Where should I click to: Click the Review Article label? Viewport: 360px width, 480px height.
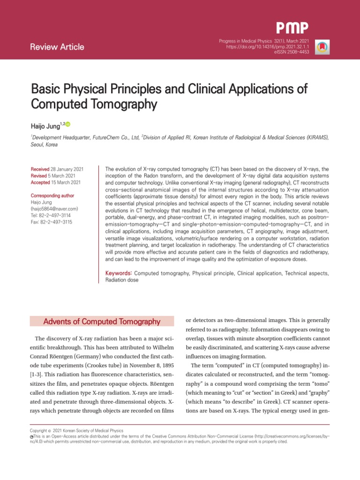click(x=57, y=47)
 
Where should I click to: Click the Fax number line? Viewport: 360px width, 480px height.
click(x=52, y=222)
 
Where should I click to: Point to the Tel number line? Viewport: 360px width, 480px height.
click(x=51, y=215)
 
